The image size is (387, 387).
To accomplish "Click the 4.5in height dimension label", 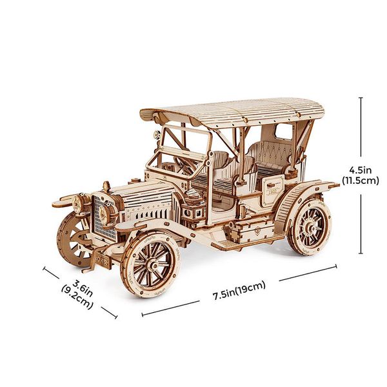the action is [x=361, y=170].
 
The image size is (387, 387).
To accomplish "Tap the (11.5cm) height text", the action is [x=361, y=181].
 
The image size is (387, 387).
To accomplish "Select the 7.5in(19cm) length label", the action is [x=239, y=290].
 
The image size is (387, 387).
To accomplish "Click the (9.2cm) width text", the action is [x=77, y=297].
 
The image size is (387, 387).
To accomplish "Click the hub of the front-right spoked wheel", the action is [x=154, y=266].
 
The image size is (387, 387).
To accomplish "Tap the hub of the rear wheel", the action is [x=309, y=227].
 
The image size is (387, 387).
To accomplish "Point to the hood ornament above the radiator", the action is [x=106, y=186].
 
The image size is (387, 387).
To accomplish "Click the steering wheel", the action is [x=185, y=164].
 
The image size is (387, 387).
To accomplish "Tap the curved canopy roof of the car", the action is [x=232, y=112].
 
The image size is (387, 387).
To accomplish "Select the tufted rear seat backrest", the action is [x=272, y=151].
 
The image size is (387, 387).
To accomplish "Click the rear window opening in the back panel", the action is [x=283, y=132].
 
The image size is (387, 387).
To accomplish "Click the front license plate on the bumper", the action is [x=102, y=261].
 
